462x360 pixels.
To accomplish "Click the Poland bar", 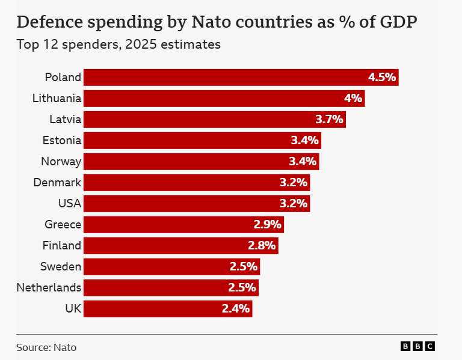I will pos(241,78).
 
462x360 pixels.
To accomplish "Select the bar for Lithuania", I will pos(224,99).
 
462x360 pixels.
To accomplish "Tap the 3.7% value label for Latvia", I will pos(329,120).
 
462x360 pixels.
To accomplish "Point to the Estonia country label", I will pos(61,141).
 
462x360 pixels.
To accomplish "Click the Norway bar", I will pos(201,162).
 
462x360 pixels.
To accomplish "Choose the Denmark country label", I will pos(57,182).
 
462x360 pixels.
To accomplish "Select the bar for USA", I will pos(196,203).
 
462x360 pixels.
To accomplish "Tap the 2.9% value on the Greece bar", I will pos(267,225).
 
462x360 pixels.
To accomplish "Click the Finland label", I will pos(61,245).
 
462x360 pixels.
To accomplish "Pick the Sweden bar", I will pos(171,266).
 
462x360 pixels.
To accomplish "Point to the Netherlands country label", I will pos(49,287).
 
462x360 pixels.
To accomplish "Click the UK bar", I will pos(167,308).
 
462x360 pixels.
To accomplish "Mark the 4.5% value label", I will pos(382,78).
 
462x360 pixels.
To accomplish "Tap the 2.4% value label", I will pos(236,309).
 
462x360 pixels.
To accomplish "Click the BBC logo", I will pos(417,346).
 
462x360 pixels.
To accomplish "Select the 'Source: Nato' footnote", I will pos(46,347).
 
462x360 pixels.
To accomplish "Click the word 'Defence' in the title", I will pos(51,22).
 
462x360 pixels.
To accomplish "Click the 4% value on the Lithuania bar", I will pos(353,99).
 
